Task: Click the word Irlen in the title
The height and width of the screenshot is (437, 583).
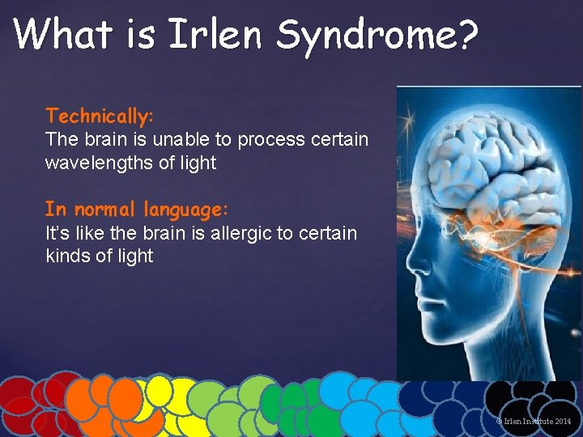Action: point(216,34)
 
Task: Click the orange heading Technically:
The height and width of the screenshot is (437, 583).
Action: point(100,116)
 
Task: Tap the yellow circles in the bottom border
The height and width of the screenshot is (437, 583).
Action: point(174,405)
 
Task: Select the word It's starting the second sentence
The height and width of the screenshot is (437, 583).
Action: point(57,233)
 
